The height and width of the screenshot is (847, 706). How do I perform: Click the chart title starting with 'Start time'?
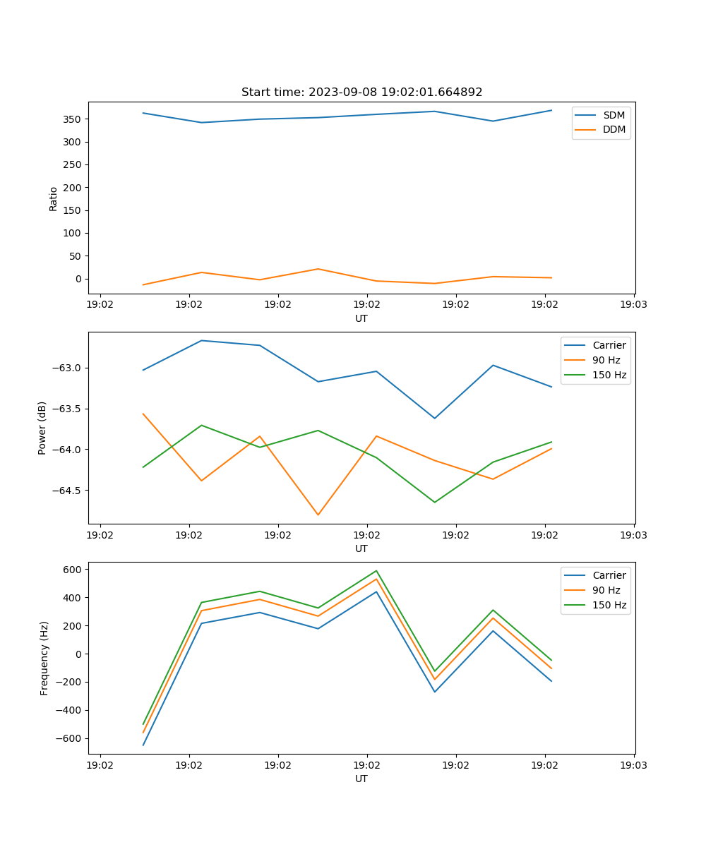361,92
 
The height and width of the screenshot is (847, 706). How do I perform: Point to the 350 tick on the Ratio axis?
73,119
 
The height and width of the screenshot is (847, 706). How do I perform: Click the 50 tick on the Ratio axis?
76,256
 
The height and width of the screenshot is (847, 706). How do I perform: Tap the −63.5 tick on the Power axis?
67,409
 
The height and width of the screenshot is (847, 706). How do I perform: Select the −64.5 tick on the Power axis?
67,491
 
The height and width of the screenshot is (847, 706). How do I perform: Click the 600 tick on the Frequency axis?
73,570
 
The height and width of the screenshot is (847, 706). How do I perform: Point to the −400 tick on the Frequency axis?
70,711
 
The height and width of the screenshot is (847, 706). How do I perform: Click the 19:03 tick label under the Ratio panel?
633,306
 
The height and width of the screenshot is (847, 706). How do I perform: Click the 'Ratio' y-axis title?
54,198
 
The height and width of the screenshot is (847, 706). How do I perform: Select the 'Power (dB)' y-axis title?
42,428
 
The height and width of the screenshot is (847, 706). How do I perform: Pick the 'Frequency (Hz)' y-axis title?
44,658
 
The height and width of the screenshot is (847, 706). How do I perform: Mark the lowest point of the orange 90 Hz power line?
318,515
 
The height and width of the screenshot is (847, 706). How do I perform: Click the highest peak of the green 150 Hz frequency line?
376,571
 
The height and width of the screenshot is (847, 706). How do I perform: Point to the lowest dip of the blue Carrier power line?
435,418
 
